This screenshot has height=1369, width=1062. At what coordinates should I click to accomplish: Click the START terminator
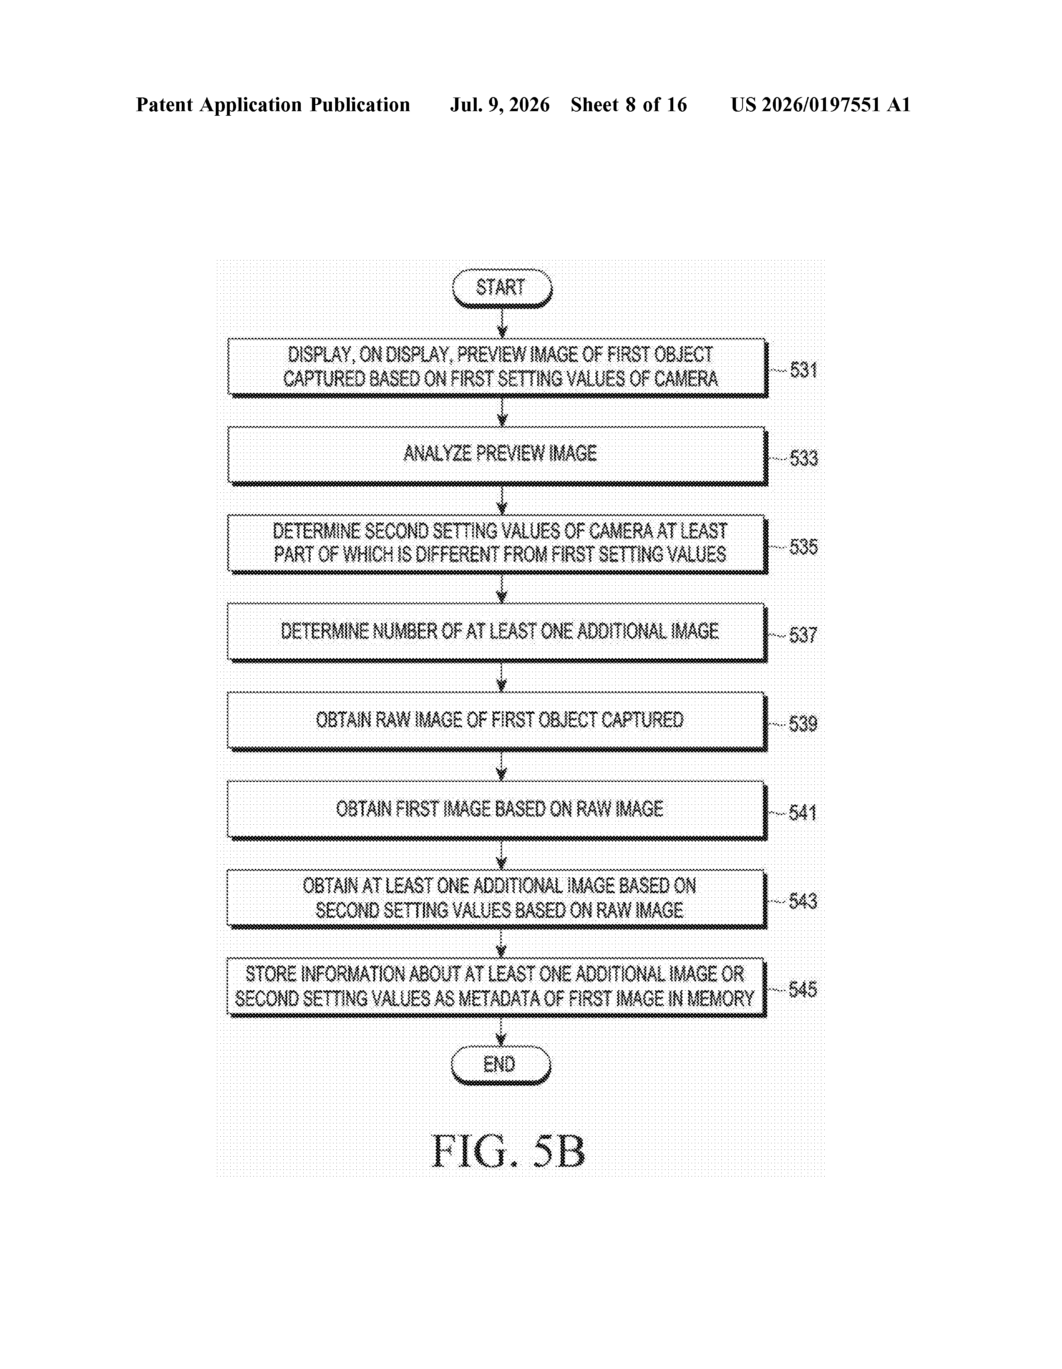pos(502,288)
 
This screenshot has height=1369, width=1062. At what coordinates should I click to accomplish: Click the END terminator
pos(500,1065)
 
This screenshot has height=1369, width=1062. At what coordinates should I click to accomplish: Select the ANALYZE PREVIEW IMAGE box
pos(498,456)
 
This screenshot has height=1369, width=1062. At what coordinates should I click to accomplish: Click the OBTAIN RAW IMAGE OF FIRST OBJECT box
pos(498,721)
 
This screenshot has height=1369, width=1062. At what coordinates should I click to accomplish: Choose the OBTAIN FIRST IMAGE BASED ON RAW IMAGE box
pos(498,810)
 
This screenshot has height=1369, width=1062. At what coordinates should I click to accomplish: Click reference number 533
pos(803,458)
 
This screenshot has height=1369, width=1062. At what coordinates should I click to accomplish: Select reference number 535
pos(803,547)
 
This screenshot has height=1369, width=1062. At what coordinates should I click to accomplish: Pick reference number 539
pos(802,724)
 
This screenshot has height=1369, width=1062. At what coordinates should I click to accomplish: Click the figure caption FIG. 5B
pos(509,1152)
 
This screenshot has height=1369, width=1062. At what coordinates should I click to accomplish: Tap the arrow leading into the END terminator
pos(500,1031)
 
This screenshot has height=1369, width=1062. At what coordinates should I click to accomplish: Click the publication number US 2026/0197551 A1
pos(821,105)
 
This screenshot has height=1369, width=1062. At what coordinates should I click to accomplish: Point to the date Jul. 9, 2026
pos(499,105)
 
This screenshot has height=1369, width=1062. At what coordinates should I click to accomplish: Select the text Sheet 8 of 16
pos(629,105)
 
